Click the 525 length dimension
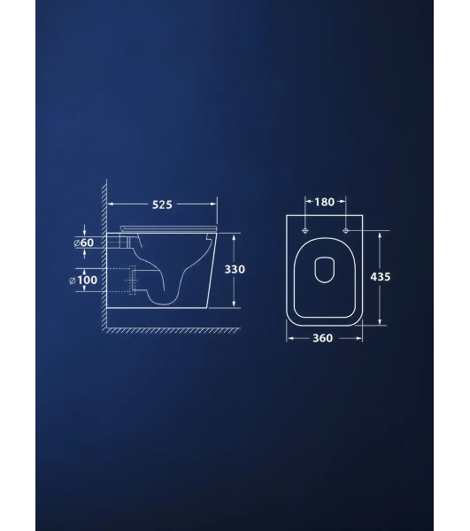[162, 204]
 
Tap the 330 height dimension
[235, 270]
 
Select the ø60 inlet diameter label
[84, 242]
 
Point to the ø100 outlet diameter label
[83, 280]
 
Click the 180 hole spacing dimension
[324, 202]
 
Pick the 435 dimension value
[381, 277]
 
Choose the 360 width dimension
[322, 338]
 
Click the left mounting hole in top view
[305, 231]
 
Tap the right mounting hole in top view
[346, 231]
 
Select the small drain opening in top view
[324, 270]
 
